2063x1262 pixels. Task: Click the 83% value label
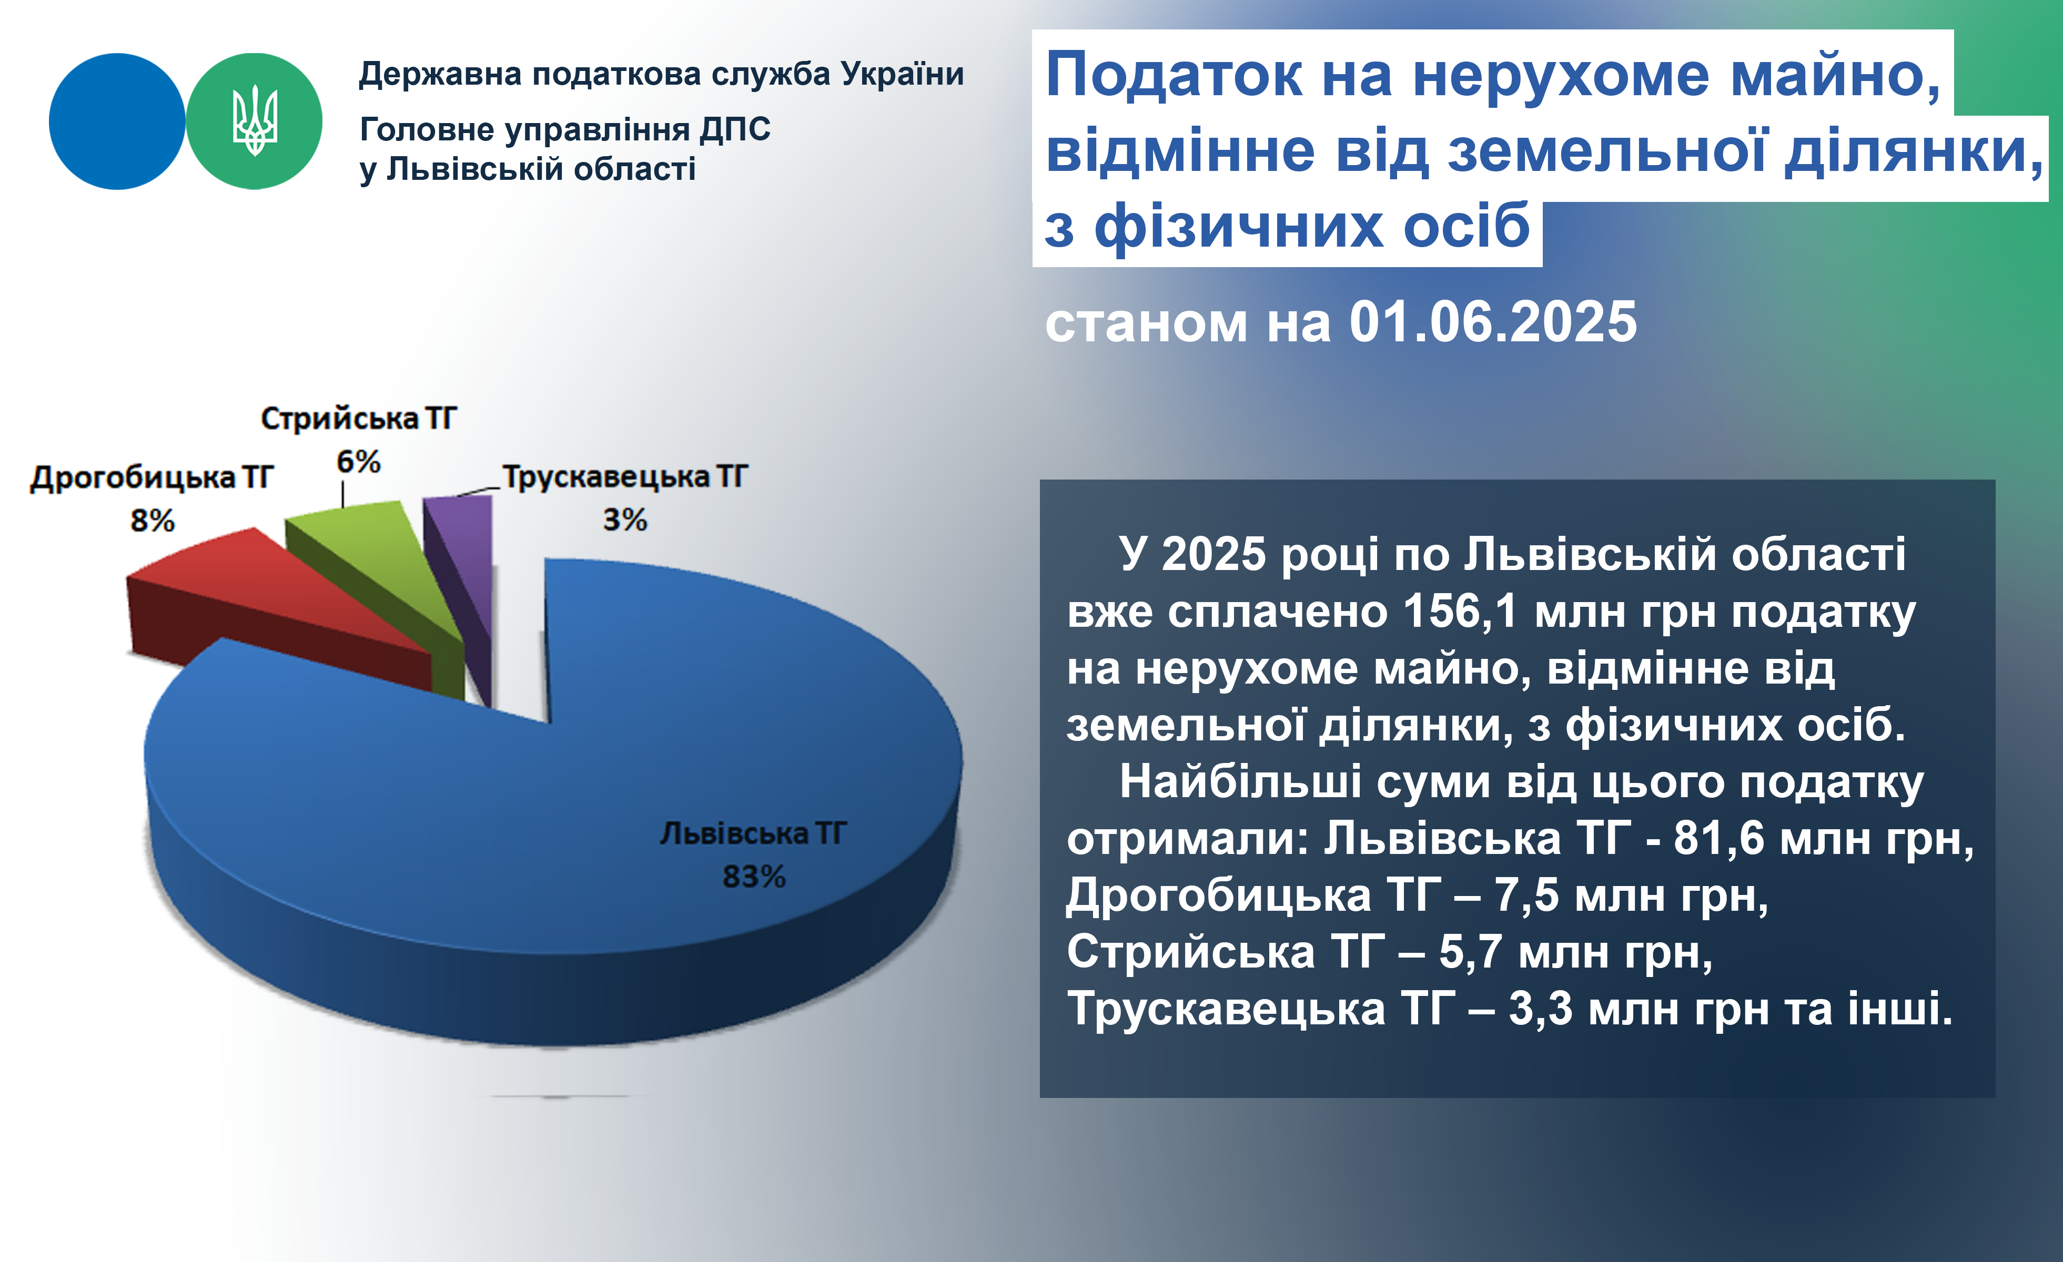754,877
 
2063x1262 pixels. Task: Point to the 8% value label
153,521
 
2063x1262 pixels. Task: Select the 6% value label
358,461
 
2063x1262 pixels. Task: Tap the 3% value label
624,520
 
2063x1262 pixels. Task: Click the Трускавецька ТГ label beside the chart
624,477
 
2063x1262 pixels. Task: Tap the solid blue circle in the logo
117,121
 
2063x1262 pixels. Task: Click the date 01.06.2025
1493,322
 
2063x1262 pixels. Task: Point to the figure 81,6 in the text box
1718,839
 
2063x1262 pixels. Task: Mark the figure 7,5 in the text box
1527,895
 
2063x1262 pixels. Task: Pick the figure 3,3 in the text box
1541,1009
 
